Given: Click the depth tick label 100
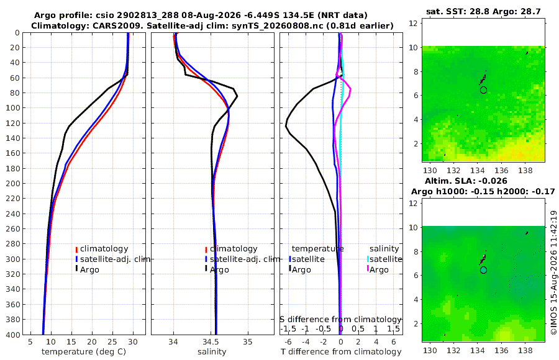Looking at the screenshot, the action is click(x=13, y=108).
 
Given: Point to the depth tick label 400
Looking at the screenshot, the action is click(x=13, y=335).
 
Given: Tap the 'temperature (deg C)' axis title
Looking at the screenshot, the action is click(x=84, y=352).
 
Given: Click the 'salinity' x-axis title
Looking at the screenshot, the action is click(x=212, y=352).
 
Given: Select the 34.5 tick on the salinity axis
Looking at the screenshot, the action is click(x=211, y=342).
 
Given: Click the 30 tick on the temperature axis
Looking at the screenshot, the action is click(x=133, y=342).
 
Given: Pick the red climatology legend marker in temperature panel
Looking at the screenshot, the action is click(x=76, y=250).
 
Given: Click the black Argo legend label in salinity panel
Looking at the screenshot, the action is click(x=219, y=270).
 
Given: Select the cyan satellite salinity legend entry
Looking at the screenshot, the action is click(x=384, y=259).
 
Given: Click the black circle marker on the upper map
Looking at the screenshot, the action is click(x=483, y=90).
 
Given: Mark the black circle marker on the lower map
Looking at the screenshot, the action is click(x=483, y=270).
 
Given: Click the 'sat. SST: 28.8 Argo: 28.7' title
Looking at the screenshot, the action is click(x=483, y=11).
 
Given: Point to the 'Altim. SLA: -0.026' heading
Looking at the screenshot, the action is click(x=466, y=181).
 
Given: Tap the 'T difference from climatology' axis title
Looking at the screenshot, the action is click(x=341, y=352).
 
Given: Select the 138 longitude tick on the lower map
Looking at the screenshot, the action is click(x=525, y=350).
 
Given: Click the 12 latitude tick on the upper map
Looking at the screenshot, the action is click(x=413, y=24).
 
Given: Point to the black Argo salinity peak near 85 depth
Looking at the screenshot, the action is click(x=237, y=96).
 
